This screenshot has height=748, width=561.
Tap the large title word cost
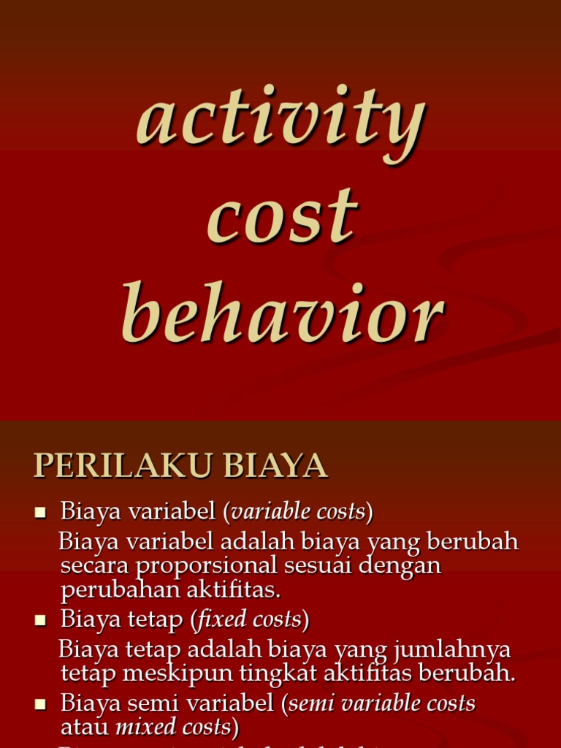[283, 217]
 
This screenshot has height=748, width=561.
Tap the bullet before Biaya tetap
[41, 621]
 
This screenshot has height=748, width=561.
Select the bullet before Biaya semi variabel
[41, 705]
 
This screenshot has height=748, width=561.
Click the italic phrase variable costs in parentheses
[297, 512]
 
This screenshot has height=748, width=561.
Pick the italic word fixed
[224, 620]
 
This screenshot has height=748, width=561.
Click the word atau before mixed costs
[85, 727]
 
